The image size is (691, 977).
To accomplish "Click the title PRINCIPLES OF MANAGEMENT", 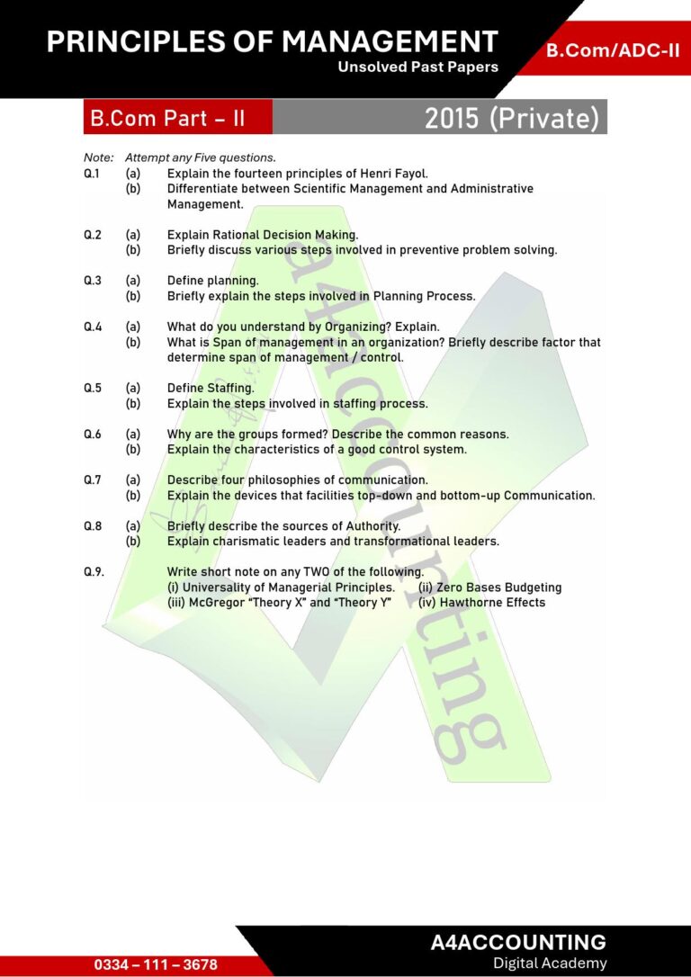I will point(272,41).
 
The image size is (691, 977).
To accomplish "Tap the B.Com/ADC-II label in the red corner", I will point(613,50).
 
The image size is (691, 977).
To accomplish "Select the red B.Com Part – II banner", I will point(166,118).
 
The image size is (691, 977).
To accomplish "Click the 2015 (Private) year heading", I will point(511,118).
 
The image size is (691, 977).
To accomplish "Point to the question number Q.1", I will point(92,174).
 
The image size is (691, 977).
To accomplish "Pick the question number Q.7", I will point(92,480).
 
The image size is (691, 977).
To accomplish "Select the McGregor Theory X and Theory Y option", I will point(279,603).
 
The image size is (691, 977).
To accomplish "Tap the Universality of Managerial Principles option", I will point(281,587).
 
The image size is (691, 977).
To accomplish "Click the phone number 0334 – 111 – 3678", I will point(156,964).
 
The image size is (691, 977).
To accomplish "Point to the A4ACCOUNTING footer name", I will point(518,943).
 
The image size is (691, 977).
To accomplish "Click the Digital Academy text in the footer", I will point(550,964).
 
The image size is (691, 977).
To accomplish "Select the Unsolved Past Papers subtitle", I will point(417,67).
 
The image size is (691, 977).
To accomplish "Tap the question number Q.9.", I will point(94,572).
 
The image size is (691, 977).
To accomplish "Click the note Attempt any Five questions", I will point(200,158).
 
